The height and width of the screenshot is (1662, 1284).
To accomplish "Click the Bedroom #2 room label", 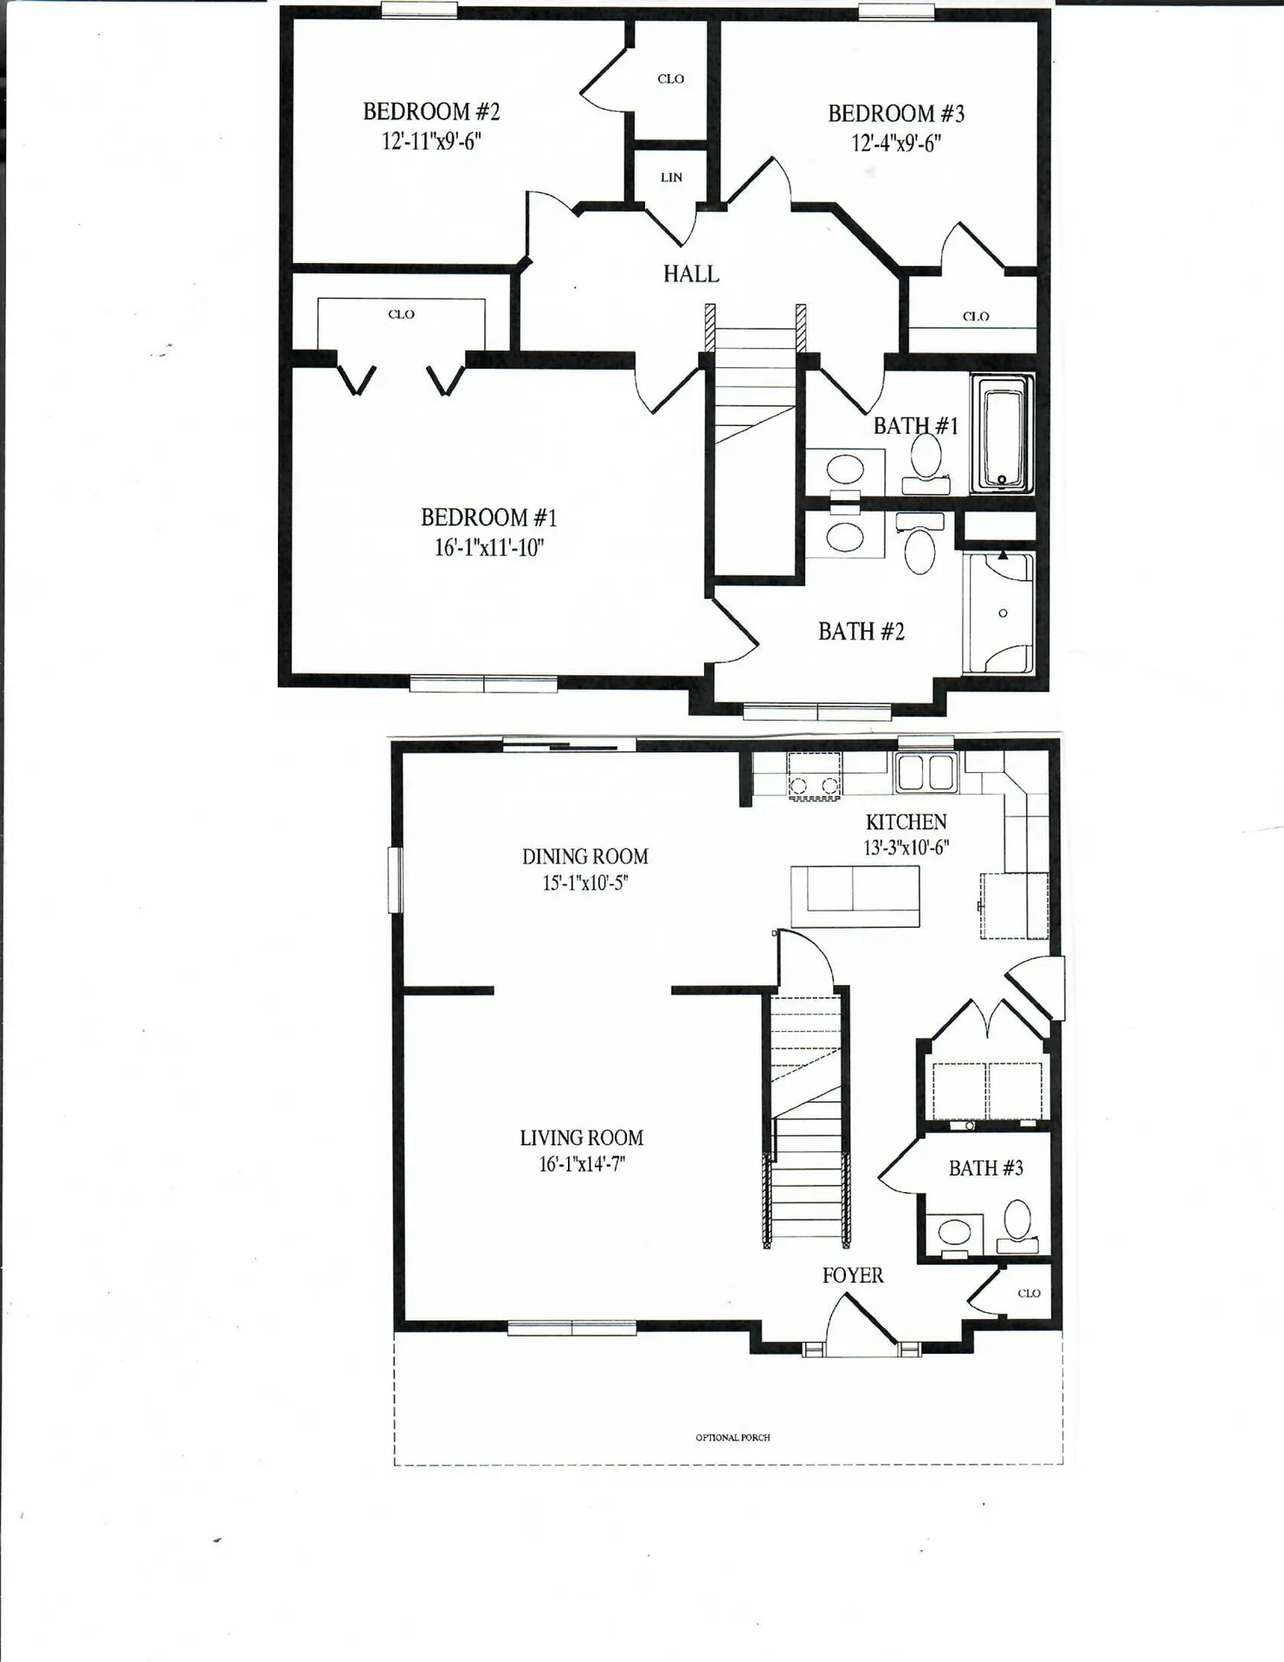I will [431, 112].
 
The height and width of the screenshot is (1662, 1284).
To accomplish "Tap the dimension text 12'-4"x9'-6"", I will [895, 143].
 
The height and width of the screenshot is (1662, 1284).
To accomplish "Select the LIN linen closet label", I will [671, 177].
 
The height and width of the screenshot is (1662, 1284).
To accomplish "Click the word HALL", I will [691, 274].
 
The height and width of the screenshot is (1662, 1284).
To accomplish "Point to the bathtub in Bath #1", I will [1003, 434].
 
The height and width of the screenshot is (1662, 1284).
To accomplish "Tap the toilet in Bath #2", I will [919, 545].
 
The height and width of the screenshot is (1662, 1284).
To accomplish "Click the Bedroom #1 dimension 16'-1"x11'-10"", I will [489, 547].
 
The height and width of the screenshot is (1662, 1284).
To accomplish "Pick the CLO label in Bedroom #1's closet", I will [401, 314].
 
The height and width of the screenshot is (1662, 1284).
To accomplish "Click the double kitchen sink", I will [926, 772].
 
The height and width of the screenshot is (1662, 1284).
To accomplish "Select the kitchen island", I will [855, 897].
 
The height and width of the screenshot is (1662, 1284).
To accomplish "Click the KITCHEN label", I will [906, 822].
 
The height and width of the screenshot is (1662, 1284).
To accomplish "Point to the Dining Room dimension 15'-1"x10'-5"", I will [585, 883].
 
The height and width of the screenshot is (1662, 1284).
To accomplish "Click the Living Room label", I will [582, 1138].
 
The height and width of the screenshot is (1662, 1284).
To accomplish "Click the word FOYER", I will [853, 1275].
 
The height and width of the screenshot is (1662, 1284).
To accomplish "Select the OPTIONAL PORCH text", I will [732, 1438].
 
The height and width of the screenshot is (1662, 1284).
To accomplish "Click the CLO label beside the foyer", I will [1029, 1293].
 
